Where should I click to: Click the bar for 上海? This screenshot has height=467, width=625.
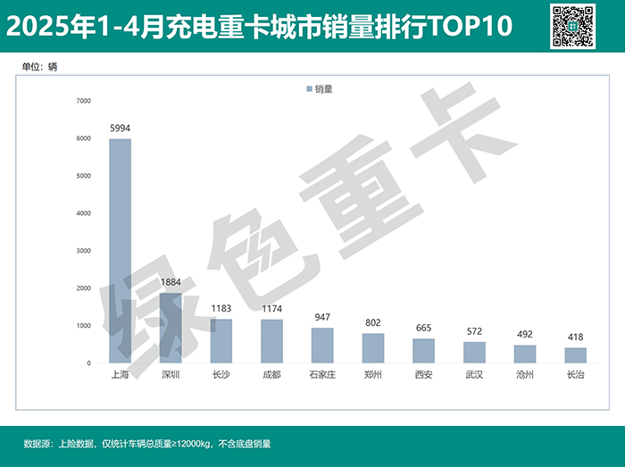[x=120, y=251]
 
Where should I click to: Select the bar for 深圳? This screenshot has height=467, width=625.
[x=171, y=328]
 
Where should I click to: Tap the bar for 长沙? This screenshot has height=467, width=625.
[x=221, y=341]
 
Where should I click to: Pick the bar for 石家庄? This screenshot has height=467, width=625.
[x=322, y=346]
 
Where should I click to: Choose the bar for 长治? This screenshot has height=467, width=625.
[x=576, y=355]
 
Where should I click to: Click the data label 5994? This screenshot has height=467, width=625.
[x=120, y=129]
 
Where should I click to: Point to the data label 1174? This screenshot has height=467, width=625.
[x=271, y=309]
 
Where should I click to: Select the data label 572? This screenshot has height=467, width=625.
[x=474, y=331]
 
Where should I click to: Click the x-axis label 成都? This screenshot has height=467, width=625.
[x=271, y=375]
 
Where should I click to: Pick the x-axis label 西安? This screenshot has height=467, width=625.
[x=424, y=375]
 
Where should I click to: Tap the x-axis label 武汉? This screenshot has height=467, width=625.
[x=474, y=375]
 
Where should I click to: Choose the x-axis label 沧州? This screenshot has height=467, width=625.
[x=525, y=375]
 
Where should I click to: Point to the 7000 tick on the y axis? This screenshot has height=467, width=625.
[x=83, y=101]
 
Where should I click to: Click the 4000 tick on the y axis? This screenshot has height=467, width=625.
[x=83, y=213]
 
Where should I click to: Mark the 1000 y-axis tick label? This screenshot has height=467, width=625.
[x=83, y=326]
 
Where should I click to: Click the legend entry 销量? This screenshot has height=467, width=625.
[x=320, y=89]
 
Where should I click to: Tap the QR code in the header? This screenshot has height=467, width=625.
[x=572, y=26]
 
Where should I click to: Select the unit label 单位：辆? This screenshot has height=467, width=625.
[x=40, y=67]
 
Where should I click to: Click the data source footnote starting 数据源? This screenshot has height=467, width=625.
[x=146, y=444]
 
